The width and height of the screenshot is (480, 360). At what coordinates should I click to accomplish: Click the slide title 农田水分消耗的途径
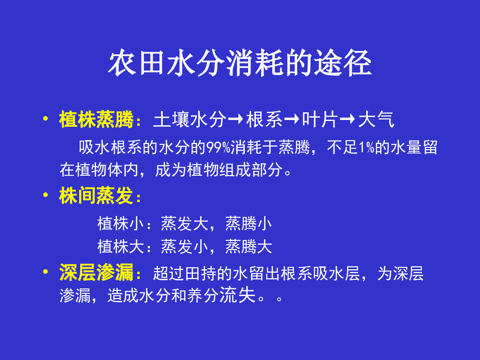click(240, 63)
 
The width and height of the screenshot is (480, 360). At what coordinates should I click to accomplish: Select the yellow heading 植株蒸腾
click(96, 119)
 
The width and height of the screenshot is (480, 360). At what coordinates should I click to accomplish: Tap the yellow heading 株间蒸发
click(96, 195)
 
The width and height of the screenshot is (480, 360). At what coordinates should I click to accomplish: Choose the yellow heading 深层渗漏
click(96, 272)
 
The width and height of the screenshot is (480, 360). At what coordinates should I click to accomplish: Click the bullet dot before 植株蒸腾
click(46, 118)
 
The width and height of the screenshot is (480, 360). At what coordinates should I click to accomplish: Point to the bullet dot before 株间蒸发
click(46, 195)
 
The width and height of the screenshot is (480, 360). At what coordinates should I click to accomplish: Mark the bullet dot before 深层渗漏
click(46, 271)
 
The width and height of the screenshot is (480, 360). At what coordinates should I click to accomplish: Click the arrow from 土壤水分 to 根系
click(236, 119)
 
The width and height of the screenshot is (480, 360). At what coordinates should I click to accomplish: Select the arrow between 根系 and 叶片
click(292, 119)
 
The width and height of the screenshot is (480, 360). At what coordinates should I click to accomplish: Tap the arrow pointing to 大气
click(348, 119)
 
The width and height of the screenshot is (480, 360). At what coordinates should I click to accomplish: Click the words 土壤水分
click(190, 120)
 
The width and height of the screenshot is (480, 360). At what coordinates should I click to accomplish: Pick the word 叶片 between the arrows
click(320, 120)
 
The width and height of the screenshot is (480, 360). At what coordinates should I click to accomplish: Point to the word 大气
click(376, 120)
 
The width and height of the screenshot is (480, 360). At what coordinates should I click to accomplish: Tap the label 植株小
click(120, 224)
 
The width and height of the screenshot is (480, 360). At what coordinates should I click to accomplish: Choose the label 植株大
click(120, 246)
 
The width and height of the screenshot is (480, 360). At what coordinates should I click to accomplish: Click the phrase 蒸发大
click(185, 224)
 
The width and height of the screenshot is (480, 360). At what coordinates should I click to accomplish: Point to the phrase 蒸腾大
click(249, 246)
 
